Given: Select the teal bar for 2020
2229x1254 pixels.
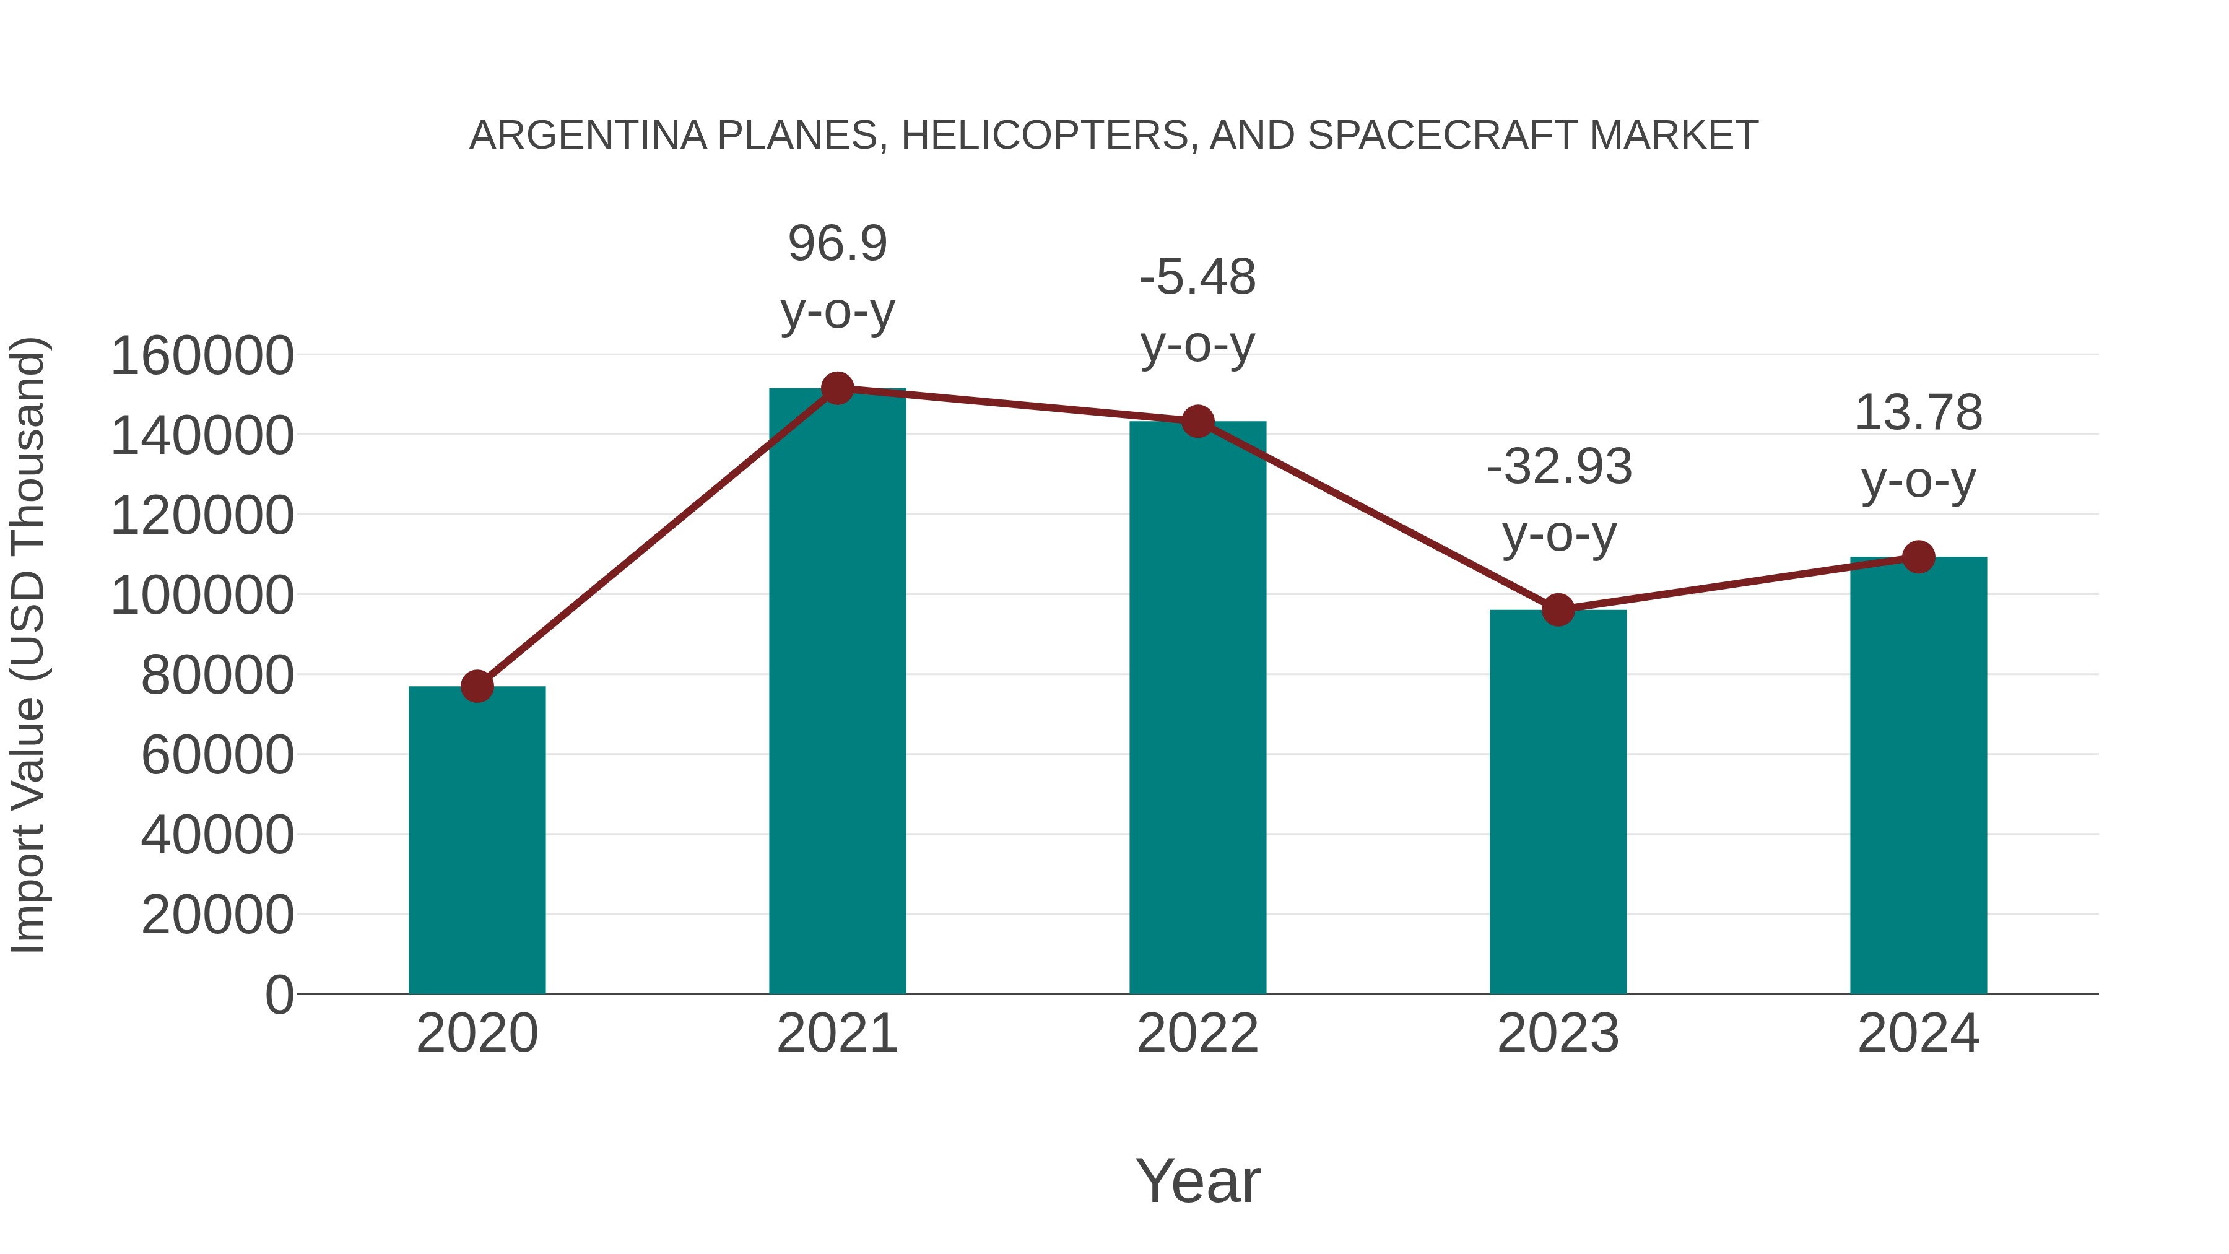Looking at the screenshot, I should tap(477, 840).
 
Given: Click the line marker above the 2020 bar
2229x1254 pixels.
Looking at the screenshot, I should tap(477, 686).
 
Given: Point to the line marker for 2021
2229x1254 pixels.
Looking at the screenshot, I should tap(836, 388).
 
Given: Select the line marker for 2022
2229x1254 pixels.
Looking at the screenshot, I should tap(1197, 422).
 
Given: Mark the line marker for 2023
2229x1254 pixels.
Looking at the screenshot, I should tap(1558, 610).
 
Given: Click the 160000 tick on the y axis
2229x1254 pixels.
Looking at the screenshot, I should tap(202, 355).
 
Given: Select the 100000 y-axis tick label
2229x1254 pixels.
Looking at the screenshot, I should tap(202, 595).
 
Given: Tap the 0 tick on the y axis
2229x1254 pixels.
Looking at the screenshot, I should tap(279, 995).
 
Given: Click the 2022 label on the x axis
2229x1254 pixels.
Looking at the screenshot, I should tap(1197, 1034).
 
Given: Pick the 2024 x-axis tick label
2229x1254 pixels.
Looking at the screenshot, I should tap(1918, 1034).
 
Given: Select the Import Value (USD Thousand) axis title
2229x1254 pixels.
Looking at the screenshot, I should tap(28, 646).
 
